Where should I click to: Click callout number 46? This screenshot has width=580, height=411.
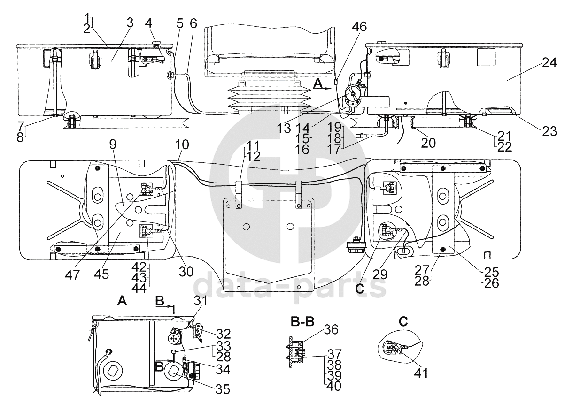click(x=359, y=27)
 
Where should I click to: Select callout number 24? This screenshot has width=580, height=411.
click(x=549, y=62)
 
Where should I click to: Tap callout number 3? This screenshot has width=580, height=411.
click(x=130, y=23)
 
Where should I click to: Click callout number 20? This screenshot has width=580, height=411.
click(x=428, y=143)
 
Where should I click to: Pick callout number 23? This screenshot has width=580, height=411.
click(x=549, y=131)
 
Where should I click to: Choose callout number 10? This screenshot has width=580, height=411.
click(x=182, y=145)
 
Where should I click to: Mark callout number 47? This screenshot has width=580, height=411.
click(x=72, y=275)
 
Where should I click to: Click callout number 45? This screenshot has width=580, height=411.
click(x=101, y=274)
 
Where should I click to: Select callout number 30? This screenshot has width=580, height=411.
click(x=186, y=272)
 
